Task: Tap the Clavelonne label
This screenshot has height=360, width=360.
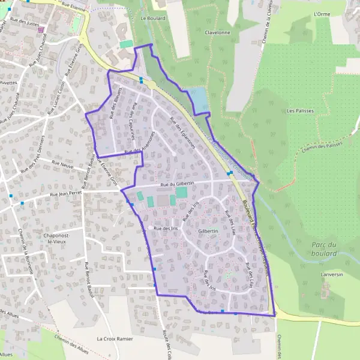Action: [x=217, y=33]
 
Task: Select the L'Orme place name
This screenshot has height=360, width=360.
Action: [x=322, y=13]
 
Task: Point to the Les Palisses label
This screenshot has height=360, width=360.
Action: [x=301, y=111]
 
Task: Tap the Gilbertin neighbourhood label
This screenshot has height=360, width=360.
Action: [x=208, y=231]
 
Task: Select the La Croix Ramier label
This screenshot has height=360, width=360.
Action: [x=114, y=339]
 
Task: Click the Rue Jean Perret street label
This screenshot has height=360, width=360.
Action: [x=66, y=194]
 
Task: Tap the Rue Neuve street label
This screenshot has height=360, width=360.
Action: [x=62, y=163]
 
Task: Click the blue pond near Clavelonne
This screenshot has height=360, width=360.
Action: [x=199, y=100]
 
